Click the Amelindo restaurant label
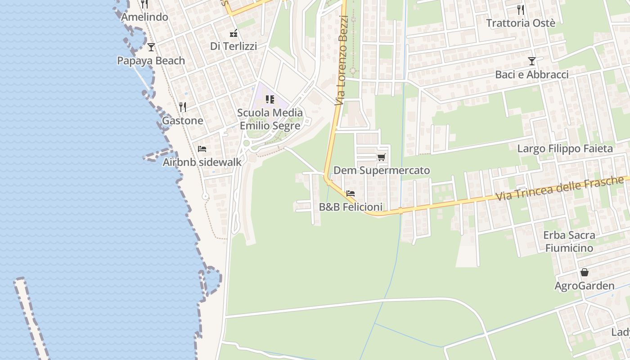[144, 17]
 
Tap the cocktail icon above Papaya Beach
[151, 47]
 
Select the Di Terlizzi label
[234, 46]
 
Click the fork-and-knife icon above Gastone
[183, 107]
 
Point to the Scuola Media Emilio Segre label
[270, 119]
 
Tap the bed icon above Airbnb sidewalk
[202, 148]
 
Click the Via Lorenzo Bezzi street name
[342, 61]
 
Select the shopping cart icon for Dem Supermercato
[382, 157]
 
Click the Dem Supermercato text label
[382, 171]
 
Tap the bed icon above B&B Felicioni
[351, 193]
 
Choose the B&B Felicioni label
[351, 207]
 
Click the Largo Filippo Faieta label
[565, 148]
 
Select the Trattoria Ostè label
[521, 23]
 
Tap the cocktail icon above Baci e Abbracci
[532, 61]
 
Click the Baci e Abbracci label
[532, 74]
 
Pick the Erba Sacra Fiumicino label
[569, 241]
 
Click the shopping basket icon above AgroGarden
[584, 272]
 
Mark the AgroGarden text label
[584, 286]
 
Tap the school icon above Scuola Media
[270, 99]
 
